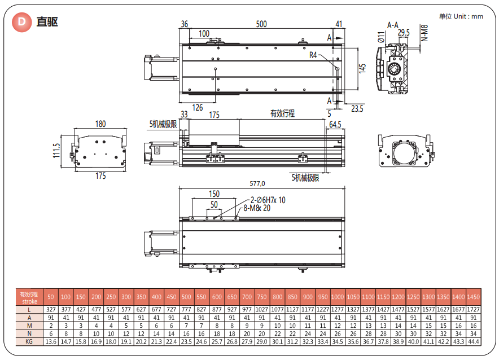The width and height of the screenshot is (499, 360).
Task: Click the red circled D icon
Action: click(x=21, y=22)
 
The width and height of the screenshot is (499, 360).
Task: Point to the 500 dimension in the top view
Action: click(x=261, y=24)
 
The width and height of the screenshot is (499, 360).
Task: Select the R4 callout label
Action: click(x=314, y=55)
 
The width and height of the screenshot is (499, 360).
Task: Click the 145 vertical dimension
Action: click(x=362, y=68)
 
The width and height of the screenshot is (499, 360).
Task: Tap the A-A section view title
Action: click(x=393, y=25)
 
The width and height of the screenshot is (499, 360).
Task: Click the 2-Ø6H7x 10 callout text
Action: click(x=268, y=200)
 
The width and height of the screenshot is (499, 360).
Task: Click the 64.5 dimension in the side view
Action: click(x=335, y=124)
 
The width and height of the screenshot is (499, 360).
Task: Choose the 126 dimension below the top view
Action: click(x=198, y=108)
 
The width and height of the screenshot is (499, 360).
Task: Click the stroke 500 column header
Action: click(x=186, y=297)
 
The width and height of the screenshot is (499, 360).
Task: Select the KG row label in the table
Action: click(x=28, y=342)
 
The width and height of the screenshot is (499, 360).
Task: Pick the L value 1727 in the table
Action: click(x=473, y=310)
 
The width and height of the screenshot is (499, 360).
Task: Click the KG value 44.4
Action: click(x=473, y=342)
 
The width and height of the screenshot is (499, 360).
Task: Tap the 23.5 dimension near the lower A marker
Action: click(x=357, y=108)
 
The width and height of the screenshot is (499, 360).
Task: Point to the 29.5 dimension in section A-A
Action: click(x=404, y=33)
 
